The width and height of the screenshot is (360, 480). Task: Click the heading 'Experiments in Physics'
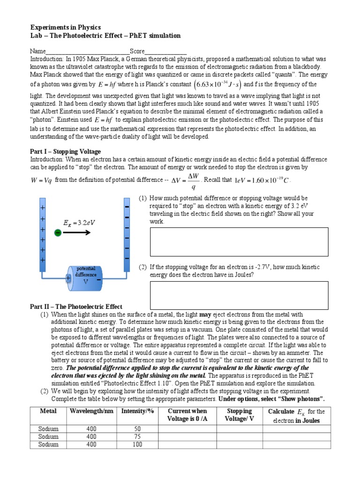click(66, 28)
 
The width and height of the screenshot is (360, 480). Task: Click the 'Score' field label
click(144, 51)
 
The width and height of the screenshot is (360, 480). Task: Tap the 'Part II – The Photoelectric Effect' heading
click(76, 307)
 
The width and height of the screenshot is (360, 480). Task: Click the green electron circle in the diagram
click(58, 233)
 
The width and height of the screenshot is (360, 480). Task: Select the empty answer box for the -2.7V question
click(239, 293)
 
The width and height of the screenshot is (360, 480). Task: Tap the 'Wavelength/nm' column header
click(91, 411)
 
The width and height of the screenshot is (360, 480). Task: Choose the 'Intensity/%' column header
click(137, 411)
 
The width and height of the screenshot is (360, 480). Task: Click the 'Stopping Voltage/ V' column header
click(239, 415)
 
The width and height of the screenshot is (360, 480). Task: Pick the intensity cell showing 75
click(137, 436)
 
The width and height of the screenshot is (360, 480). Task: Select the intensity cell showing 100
click(137, 444)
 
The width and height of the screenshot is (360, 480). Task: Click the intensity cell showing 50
click(137, 428)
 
